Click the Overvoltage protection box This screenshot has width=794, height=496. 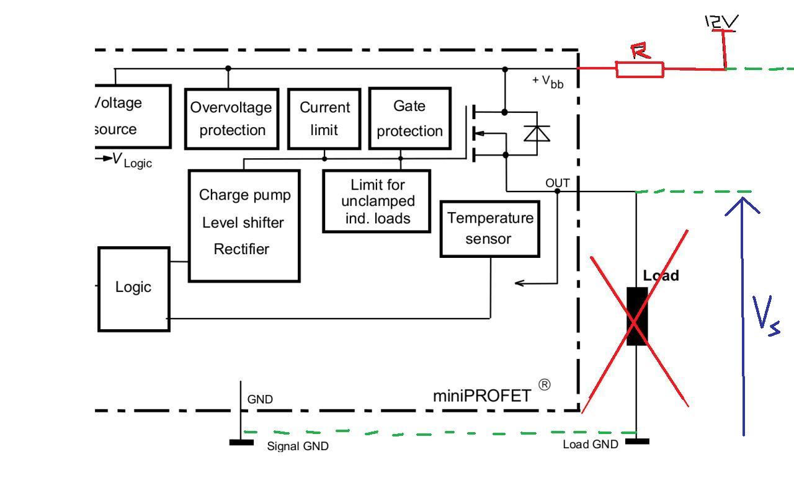pos(231,118)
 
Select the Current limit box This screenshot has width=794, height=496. pos(324,118)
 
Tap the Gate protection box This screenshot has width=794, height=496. pos(409,118)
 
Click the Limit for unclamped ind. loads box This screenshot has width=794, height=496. pos(377,201)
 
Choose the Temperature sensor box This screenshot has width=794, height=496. pos(489,228)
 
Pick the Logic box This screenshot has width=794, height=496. pos(134,288)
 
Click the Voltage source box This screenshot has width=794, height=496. pos(132,116)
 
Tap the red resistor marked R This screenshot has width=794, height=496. pos(640,69)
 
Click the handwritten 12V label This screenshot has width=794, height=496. pos(721,22)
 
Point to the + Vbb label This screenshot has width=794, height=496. pos(548,81)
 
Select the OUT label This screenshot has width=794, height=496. pos(557,183)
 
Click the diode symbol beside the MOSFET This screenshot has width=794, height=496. pos(537,133)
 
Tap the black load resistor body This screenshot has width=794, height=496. pos(636,316)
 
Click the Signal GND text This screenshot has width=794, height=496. pos(297,446)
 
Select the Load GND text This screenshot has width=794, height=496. pos(590,445)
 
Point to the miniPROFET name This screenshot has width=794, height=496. pos(482,396)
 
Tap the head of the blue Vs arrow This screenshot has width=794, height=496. pos(743,201)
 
